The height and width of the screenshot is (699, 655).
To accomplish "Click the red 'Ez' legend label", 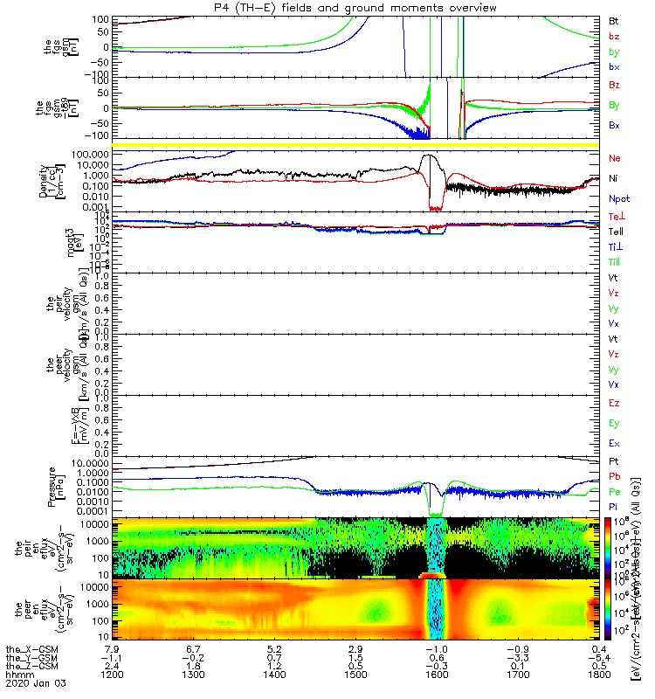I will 614,403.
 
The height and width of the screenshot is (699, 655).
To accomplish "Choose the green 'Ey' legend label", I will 614,423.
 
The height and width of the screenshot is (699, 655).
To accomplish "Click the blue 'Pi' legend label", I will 614,507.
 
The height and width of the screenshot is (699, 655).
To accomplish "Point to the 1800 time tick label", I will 598,675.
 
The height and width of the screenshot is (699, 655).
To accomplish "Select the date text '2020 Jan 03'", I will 35,684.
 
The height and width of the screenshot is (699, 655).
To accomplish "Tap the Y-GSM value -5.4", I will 598,658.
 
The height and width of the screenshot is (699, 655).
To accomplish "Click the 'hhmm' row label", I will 17,675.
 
